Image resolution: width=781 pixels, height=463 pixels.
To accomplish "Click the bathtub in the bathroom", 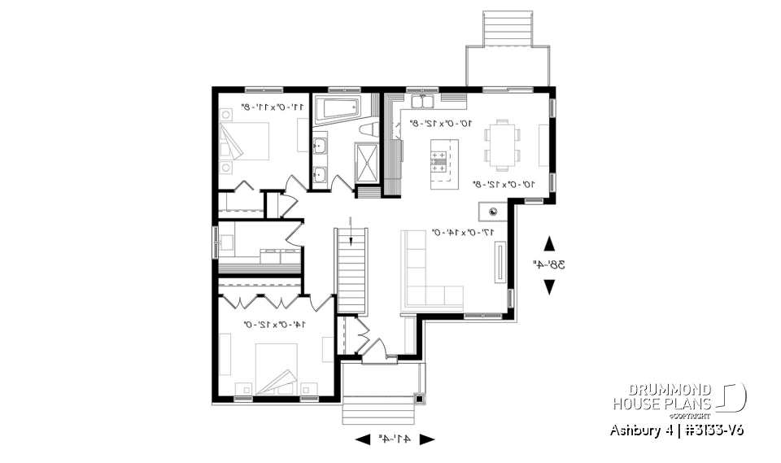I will tap(336, 108).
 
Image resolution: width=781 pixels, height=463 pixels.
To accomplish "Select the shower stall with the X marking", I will tap(367, 163).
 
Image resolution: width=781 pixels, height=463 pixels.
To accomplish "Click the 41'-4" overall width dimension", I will tap(395, 439).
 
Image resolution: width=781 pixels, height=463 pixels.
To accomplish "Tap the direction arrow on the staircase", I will tap(351, 229).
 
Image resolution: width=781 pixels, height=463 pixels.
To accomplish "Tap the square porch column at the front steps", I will tap(419, 399).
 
